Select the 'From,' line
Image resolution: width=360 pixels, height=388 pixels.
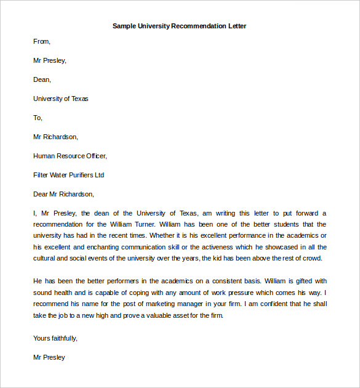[x=42, y=42]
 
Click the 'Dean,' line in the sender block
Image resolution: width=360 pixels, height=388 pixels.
[x=42, y=79]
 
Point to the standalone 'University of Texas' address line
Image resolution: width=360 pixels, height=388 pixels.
[x=61, y=99]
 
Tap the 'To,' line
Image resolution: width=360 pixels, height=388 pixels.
[x=38, y=118]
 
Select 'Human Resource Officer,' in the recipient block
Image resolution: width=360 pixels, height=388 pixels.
[x=70, y=156]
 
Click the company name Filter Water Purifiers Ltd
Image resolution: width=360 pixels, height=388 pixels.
[x=68, y=175]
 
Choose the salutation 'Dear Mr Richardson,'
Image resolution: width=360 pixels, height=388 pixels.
[x=63, y=194]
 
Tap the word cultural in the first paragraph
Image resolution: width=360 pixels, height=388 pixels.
[x=46, y=258]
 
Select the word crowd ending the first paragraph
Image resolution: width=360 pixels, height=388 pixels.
[x=312, y=258]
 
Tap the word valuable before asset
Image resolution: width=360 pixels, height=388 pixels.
[x=158, y=315]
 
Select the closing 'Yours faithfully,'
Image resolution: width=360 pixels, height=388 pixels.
[x=55, y=338]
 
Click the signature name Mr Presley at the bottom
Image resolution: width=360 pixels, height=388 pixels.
[x=49, y=357]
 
